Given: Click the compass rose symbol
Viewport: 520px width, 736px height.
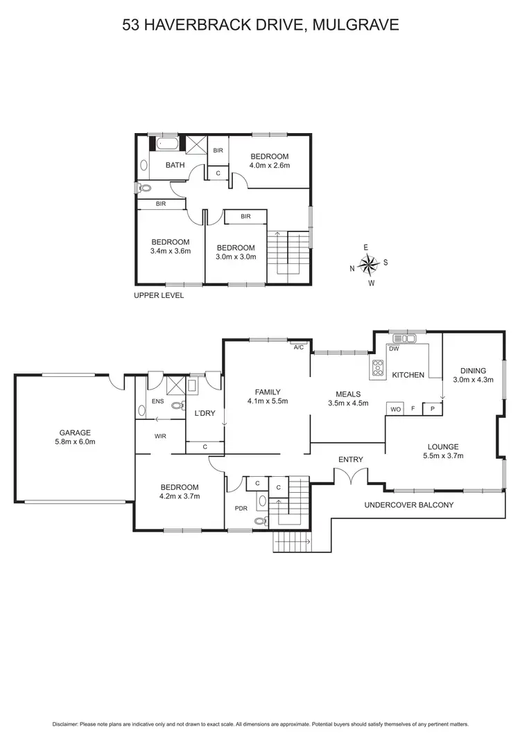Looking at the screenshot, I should (370, 264).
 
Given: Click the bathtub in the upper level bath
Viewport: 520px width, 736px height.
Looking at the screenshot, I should (167, 144).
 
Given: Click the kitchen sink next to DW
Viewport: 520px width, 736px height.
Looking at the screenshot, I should (403, 339).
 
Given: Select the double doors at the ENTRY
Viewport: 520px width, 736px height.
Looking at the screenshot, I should (350, 477).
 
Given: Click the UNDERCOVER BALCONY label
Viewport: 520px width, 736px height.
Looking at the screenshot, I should (408, 505).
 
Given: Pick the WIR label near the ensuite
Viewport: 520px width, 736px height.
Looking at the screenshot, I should (159, 437).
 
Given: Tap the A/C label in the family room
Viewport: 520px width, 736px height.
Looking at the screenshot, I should (299, 347).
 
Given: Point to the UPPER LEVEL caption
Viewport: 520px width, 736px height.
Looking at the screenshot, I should (159, 295).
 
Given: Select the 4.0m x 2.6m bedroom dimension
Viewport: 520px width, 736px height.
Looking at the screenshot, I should (269, 166).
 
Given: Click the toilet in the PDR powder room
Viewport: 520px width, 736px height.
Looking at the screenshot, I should (261, 521).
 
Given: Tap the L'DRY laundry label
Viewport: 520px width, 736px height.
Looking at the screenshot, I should (205, 414).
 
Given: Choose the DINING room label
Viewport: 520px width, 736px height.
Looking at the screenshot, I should (472, 370).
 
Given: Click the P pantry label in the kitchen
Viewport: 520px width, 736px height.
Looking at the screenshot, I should (432, 408).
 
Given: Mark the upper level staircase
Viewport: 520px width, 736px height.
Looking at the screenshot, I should (288, 254).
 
